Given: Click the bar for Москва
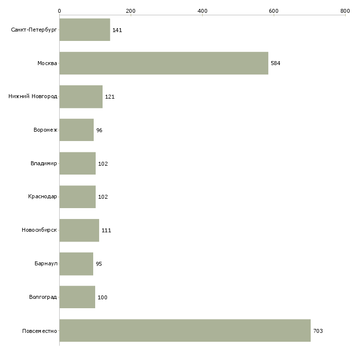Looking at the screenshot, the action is pos(164,63).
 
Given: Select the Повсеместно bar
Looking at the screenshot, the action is pos(185,330).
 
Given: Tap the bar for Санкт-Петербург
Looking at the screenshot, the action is pos(85,30).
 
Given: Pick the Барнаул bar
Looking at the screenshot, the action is pos(76,264).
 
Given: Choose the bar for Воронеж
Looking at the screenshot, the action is pos(76,130).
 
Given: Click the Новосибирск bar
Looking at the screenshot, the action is pos(79,230).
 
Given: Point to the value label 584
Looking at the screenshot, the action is pos(276,63).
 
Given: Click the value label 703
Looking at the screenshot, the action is pos(318,331).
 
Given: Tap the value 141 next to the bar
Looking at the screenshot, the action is pos(117,30).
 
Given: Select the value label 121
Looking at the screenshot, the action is pos(110,97).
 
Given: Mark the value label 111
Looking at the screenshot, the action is pos(107,230).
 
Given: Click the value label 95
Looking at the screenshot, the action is pos(99,264).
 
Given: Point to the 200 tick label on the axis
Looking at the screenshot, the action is pos(131,11).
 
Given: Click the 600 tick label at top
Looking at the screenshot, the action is pos(274,11).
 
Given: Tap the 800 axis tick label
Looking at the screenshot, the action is pos(345,11).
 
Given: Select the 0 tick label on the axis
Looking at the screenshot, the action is pos(60,11).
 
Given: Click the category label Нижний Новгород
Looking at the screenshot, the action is pos(33,96).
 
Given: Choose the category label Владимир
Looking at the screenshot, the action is pos(43,163).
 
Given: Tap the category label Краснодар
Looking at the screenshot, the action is pos(42,197).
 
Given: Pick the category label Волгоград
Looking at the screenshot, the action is pos(43,297).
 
